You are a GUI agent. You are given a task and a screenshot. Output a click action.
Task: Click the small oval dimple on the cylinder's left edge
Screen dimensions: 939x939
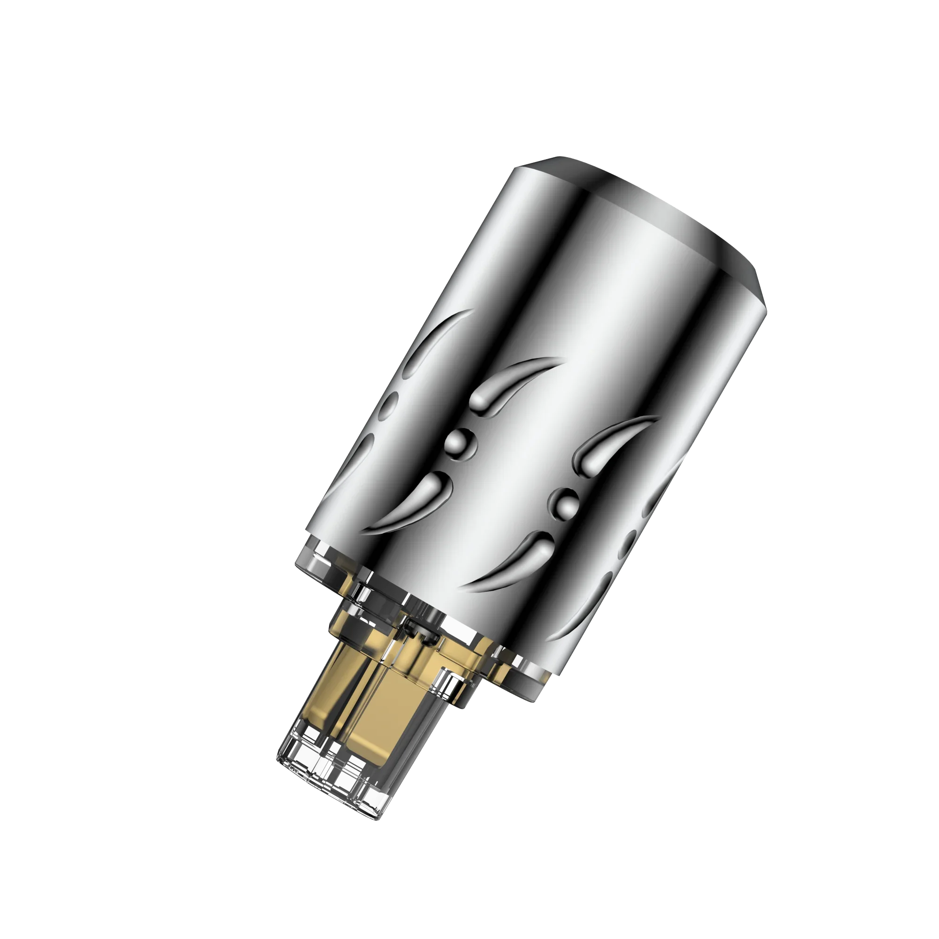pos(390,406)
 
